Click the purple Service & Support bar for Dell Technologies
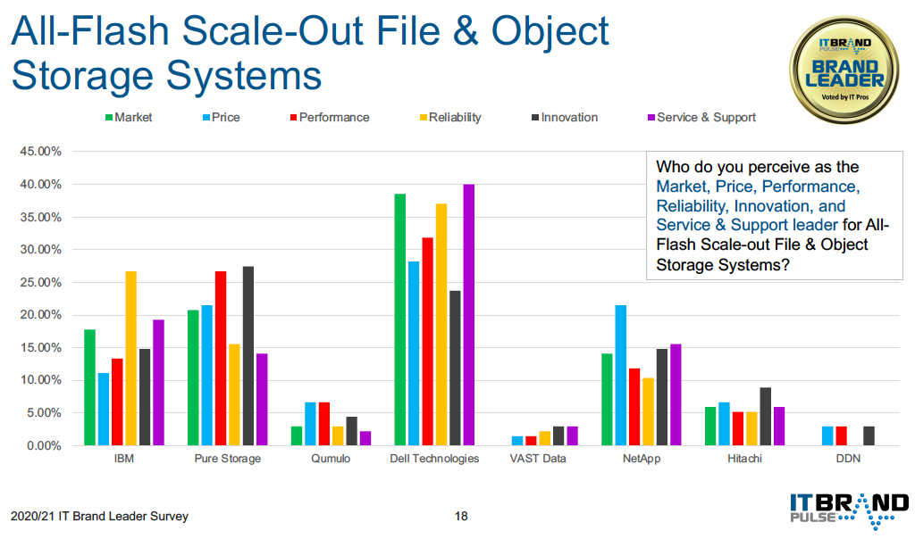[468, 315]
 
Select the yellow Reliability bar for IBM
[130, 359]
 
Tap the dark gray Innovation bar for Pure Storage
[248, 356]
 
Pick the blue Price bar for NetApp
[620, 376]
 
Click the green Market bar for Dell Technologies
[399, 319]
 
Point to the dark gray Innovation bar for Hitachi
[765, 417]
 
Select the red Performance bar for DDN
[841, 435]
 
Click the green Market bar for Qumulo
[297, 435]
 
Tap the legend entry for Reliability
[450, 117]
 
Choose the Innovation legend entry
[565, 117]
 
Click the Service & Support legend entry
[702, 117]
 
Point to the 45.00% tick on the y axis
[40, 152]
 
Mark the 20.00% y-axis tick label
[40, 315]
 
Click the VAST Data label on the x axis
[537, 459]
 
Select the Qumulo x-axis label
[331, 459]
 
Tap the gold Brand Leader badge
[844, 70]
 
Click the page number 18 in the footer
[461, 517]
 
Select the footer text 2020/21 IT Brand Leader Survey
[100, 517]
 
